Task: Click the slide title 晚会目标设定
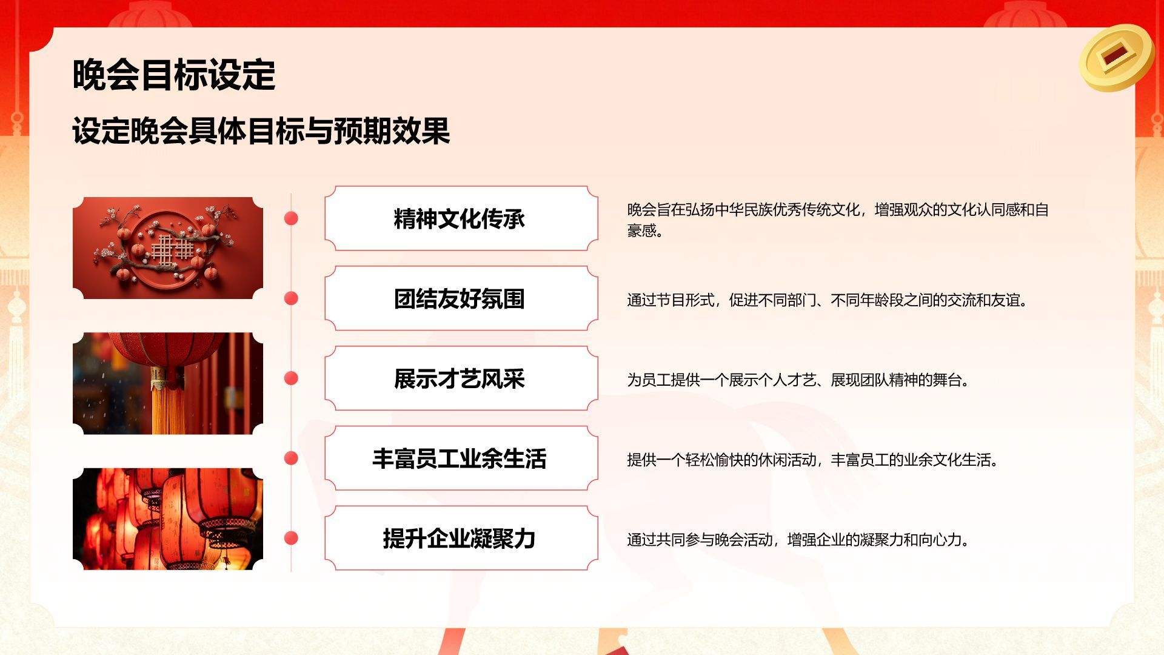[x=174, y=75]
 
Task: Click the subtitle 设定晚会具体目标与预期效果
[x=261, y=131]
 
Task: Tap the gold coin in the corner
[x=1116, y=57]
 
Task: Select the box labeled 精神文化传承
[x=461, y=218]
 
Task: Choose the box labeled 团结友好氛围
[x=461, y=298]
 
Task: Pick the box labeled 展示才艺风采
[x=461, y=378]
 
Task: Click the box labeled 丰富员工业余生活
[x=461, y=458]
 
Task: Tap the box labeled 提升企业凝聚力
[x=461, y=539]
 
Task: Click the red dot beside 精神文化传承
[x=291, y=218]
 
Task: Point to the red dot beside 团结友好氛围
[x=291, y=298]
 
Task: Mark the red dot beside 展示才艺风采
[x=291, y=378]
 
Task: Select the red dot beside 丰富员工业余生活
[x=291, y=458]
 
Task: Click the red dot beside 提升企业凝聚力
[x=291, y=539]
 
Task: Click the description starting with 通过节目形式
[x=828, y=300]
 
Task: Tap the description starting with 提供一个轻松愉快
[x=813, y=460]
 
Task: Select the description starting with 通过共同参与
[x=798, y=540]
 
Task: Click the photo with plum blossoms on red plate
[x=168, y=248]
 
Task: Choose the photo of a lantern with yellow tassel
[x=168, y=383]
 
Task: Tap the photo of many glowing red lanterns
[x=168, y=519]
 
